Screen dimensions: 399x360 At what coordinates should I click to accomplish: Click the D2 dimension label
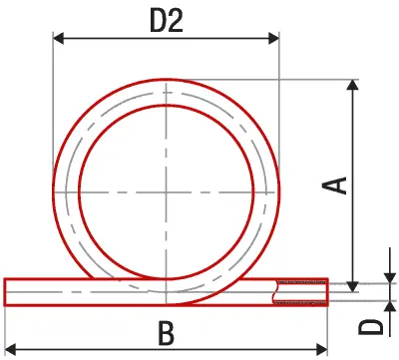coord(167,21)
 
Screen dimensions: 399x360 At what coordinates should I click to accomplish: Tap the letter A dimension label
coord(335,185)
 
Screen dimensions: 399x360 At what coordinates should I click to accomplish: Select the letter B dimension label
coord(166,333)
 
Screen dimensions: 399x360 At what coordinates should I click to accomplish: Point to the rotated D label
coord(370,326)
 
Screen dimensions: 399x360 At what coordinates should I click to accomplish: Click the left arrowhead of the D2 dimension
coord(59,39)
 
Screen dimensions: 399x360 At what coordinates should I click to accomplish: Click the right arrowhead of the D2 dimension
coord(273,39)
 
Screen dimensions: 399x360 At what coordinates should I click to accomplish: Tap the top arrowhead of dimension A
coord(353,85)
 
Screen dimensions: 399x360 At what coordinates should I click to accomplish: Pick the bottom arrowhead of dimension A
coord(353,287)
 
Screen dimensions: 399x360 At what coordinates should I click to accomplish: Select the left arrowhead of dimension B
coord(11,349)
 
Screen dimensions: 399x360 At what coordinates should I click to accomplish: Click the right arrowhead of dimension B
coord(322,349)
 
